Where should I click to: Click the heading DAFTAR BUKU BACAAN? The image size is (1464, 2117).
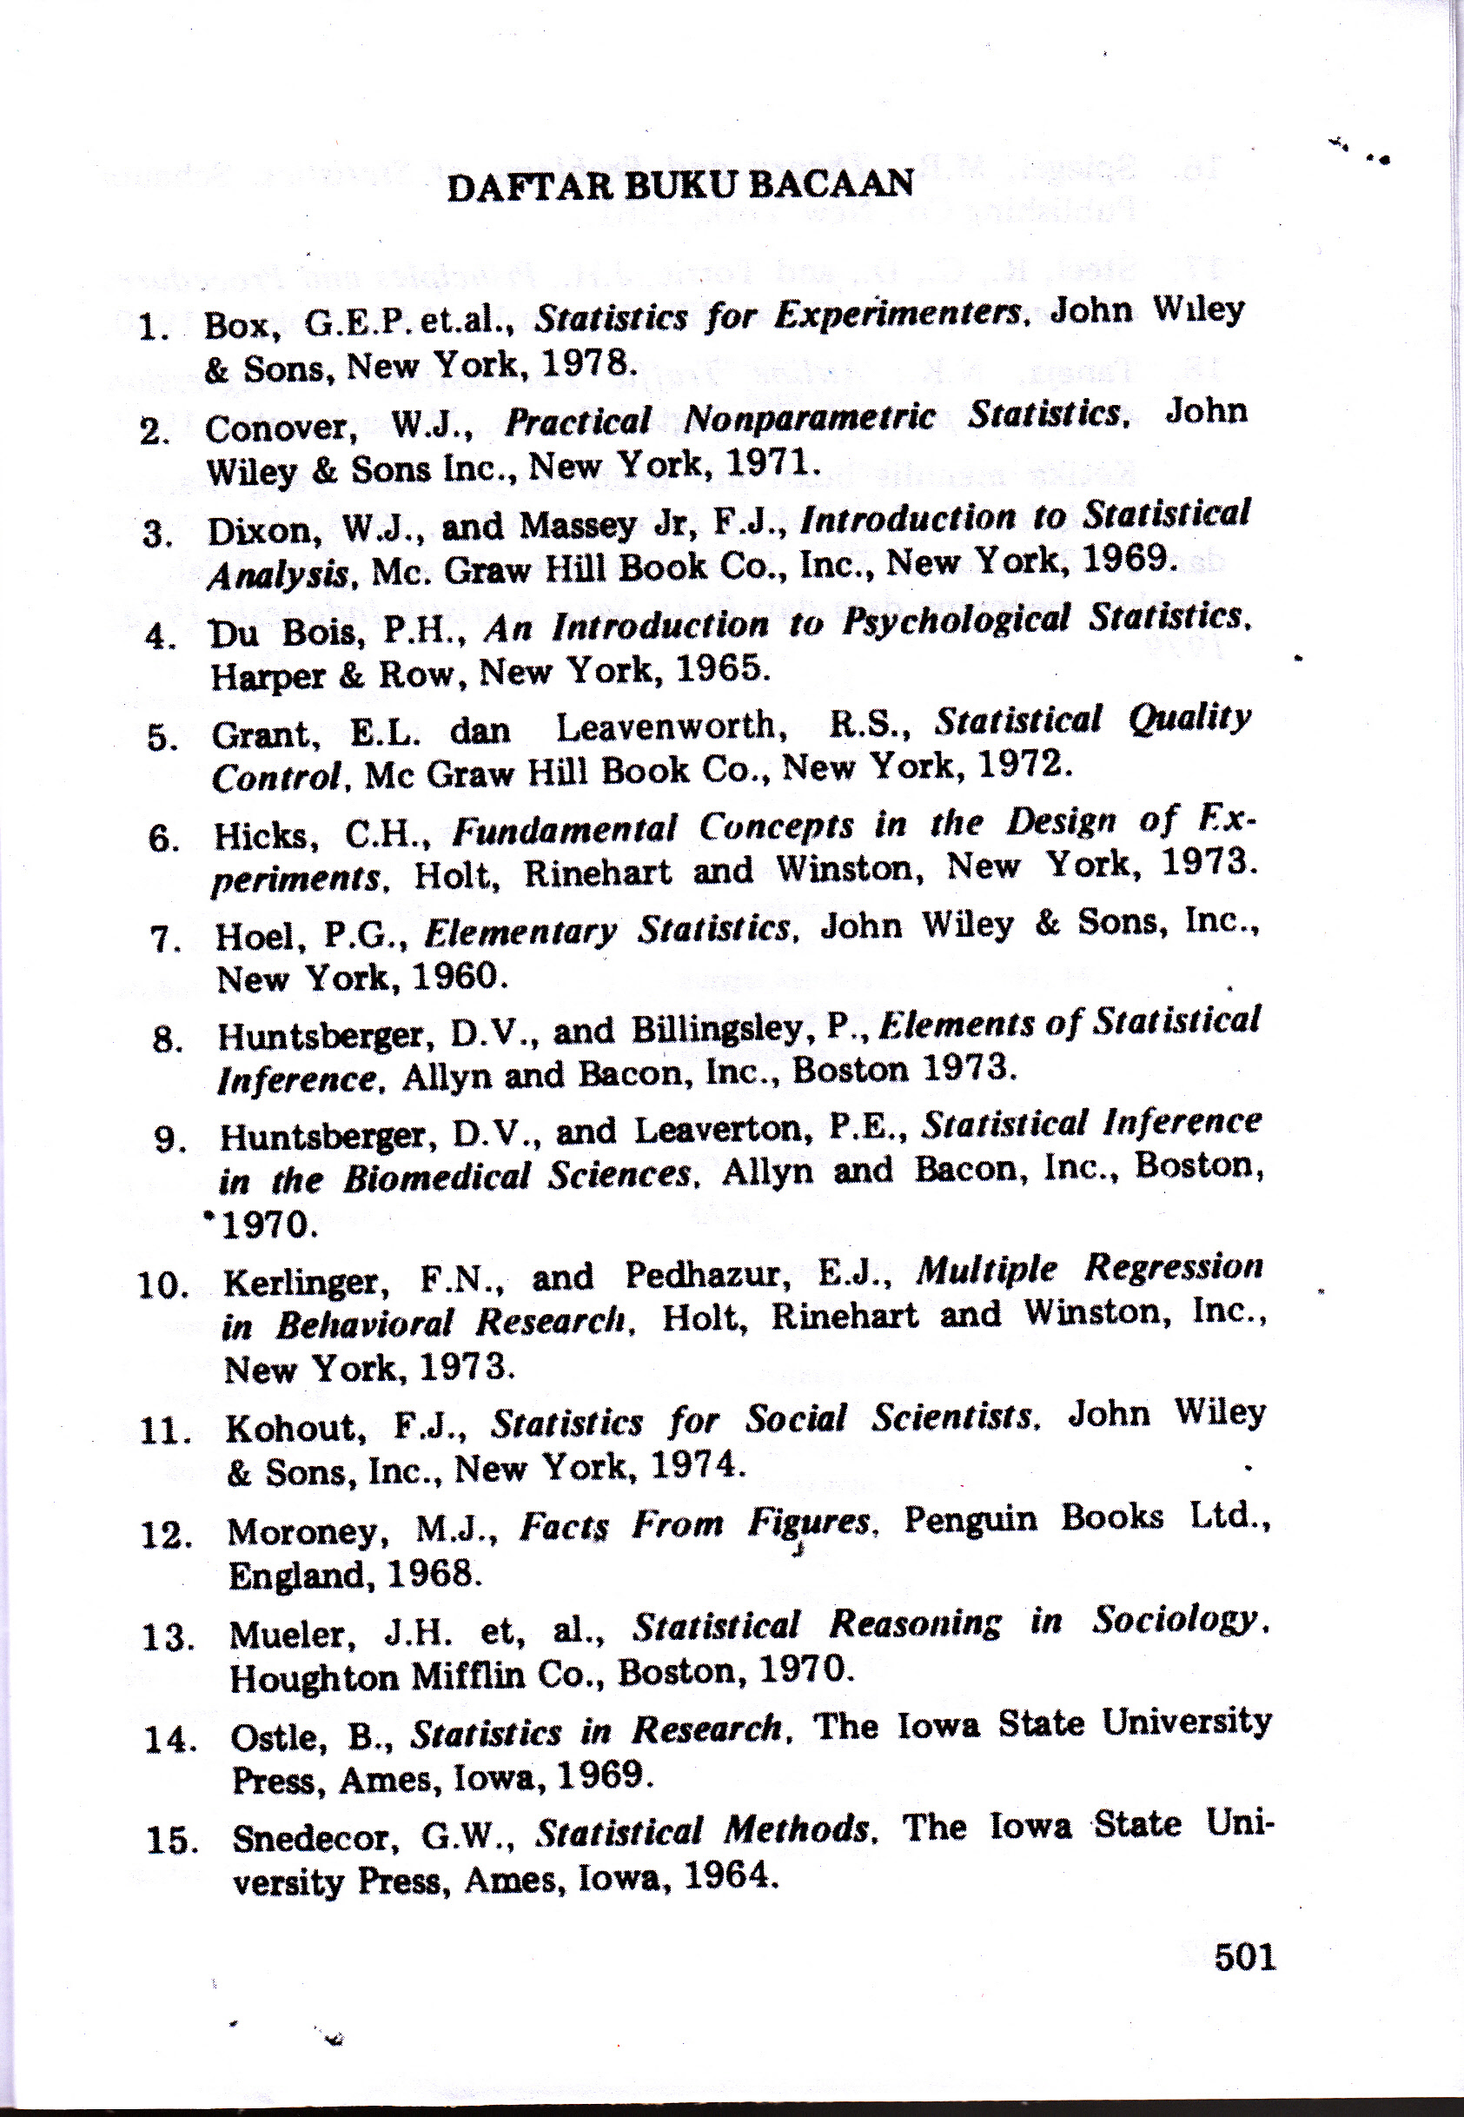coord(679,185)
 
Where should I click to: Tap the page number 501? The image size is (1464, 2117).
coord(1245,1956)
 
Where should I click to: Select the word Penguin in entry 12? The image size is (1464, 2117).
coord(970,1519)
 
